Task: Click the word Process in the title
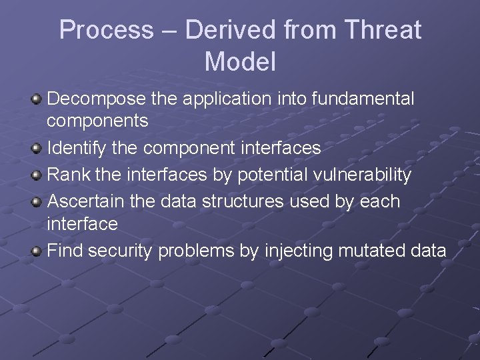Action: pyautogui.click(x=106, y=31)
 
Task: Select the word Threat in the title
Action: pyautogui.click(x=383, y=31)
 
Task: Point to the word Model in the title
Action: pyautogui.click(x=240, y=62)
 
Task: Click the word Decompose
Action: pyautogui.click(x=97, y=99)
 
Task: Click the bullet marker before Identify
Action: pyautogui.click(x=37, y=148)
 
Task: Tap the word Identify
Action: pyautogui.click(x=77, y=148)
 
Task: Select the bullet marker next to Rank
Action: pyautogui.click(x=37, y=175)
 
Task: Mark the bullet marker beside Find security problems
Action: pyautogui.click(x=37, y=251)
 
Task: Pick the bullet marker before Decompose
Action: pyautogui.click(x=37, y=99)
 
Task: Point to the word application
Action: pyautogui.click(x=226, y=99)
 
